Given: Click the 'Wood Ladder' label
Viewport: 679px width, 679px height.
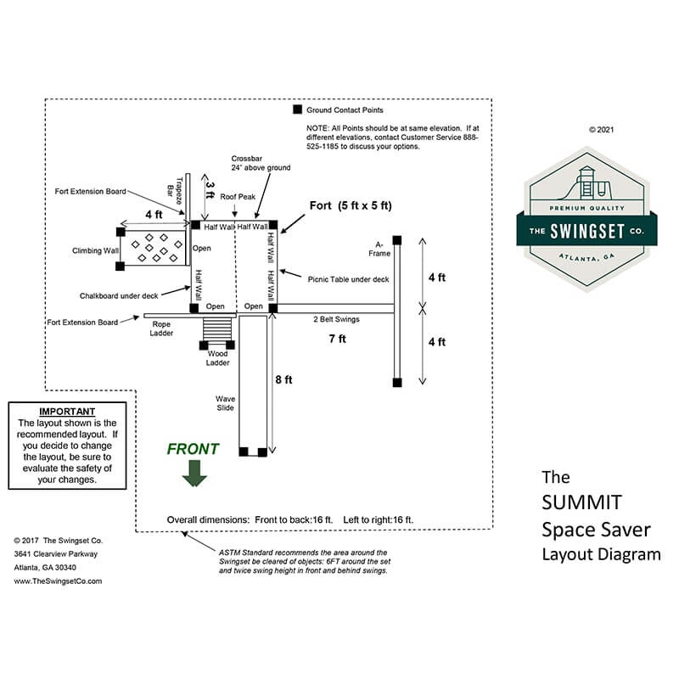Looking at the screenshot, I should pyautogui.click(x=218, y=359).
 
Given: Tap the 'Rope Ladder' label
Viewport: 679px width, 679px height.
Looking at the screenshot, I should pyautogui.click(x=161, y=328).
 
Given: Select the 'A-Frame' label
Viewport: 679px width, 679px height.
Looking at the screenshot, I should pyautogui.click(x=376, y=249).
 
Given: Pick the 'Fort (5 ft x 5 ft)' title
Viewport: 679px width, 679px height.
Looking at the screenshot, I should pyautogui.click(x=351, y=205).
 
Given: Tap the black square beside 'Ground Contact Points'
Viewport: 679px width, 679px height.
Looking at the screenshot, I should pyautogui.click(x=297, y=110).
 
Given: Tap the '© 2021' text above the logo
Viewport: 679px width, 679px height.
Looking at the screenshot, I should pyautogui.click(x=600, y=130).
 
